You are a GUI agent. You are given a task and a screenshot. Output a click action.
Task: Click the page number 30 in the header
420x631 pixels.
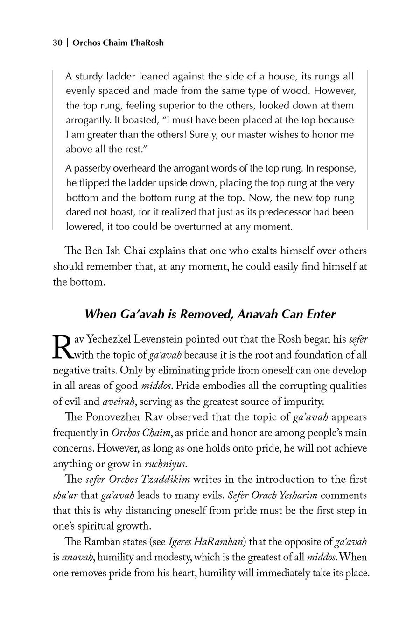point(57,43)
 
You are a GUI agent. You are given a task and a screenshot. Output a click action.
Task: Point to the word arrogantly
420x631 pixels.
point(89,120)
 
